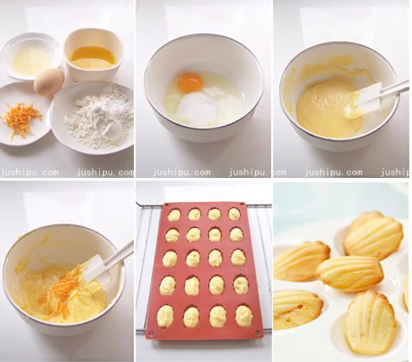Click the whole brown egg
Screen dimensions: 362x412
pos(49,81)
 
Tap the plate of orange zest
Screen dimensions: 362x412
pos(23,117)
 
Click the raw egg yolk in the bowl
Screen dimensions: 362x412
pos(190,83)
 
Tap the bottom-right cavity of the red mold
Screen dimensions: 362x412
pos(244,315)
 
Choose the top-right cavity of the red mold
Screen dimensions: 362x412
pos(235,214)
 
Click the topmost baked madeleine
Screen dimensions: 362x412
pos(373,235)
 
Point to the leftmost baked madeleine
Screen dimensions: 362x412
pos(301,260)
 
